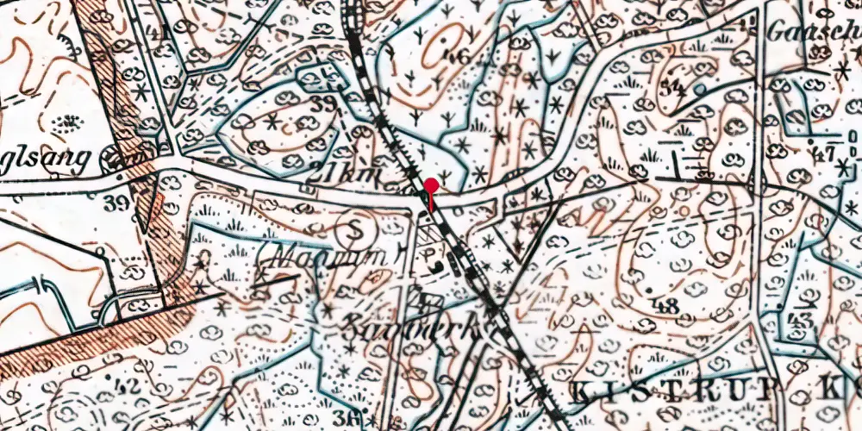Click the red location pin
point(431,185)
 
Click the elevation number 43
point(803,320)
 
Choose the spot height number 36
point(350,419)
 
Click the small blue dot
point(700,88)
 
